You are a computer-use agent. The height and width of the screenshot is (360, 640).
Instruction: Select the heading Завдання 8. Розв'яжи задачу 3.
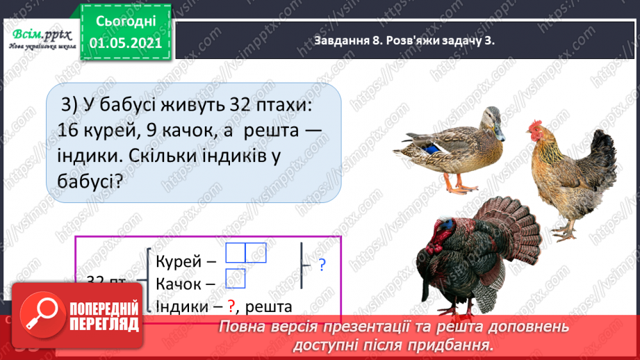coord(403,41)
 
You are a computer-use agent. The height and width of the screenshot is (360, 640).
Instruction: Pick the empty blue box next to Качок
coord(236,278)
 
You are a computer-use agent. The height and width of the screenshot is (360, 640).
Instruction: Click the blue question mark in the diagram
coord(322,265)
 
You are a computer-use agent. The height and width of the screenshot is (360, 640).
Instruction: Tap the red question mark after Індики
coord(232,306)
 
